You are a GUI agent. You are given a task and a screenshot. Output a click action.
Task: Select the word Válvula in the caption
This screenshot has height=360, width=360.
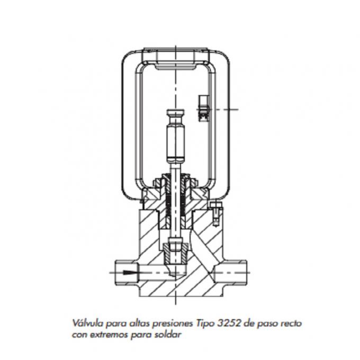coord(86,322)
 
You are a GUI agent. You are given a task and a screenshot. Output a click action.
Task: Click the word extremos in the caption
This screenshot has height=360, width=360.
coord(111,334)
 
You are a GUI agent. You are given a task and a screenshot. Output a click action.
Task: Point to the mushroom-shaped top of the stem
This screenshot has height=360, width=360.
coord(174,114)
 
